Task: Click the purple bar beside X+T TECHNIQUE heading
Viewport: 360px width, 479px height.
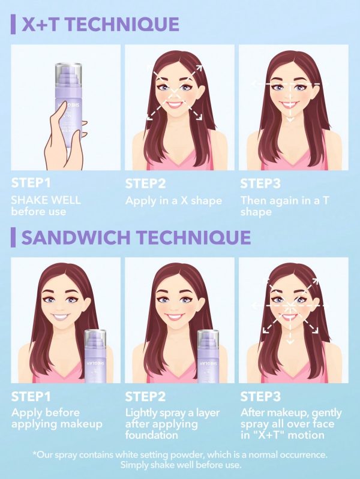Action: click(x=13, y=25)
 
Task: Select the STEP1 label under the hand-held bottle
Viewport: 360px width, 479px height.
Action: click(x=31, y=183)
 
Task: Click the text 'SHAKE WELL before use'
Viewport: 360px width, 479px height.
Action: click(x=46, y=206)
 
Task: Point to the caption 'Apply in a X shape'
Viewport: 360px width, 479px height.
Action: click(x=173, y=201)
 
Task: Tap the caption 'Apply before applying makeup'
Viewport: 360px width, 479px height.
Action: click(x=56, y=418)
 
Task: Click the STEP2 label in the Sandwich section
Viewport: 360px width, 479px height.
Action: click(x=145, y=396)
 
